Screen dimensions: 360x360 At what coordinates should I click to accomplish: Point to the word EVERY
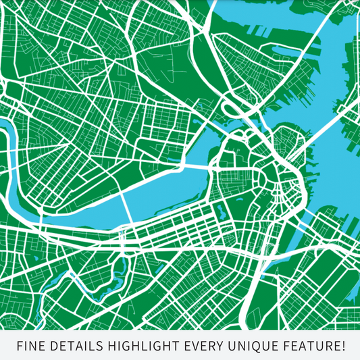[205, 346]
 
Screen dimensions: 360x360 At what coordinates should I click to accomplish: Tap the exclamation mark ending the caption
[342, 346]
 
